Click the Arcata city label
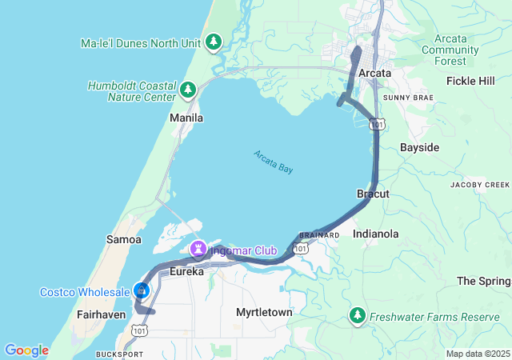tap(375, 73)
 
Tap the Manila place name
tap(186, 118)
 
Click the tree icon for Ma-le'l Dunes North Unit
tap(214, 42)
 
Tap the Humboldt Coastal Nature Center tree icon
tap(188, 90)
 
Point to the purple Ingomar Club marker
tap(198, 251)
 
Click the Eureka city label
tap(187, 272)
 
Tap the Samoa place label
tap(123, 239)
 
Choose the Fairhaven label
tap(98, 315)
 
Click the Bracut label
tap(373, 194)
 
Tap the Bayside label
tap(419, 148)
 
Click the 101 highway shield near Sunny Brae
tap(378, 124)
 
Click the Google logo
tap(26, 350)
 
